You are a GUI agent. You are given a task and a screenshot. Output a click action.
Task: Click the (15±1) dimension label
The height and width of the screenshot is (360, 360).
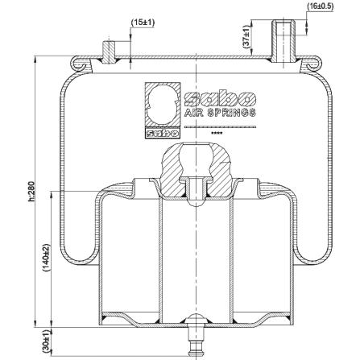pyautogui.click(x=143, y=23)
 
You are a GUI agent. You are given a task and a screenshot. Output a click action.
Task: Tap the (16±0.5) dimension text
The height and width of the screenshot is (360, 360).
pyautogui.click(x=321, y=6)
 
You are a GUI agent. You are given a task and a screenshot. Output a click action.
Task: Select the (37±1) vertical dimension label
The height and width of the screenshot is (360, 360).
pyautogui.click(x=246, y=37)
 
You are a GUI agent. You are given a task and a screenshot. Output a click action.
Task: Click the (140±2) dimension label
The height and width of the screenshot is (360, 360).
pyautogui.click(x=47, y=258)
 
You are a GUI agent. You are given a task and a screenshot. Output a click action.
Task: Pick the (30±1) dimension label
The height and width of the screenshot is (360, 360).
pyautogui.click(x=47, y=341)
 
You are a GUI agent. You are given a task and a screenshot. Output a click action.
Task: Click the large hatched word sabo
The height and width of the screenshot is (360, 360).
pyautogui.click(x=220, y=98)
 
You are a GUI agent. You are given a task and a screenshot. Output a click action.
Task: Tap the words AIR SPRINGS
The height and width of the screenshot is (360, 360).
pyautogui.click(x=220, y=113)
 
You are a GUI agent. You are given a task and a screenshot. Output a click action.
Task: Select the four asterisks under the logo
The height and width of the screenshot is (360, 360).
pyautogui.click(x=217, y=134)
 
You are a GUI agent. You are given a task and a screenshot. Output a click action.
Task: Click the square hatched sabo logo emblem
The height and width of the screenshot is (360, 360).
pyautogui.click(x=162, y=110)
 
